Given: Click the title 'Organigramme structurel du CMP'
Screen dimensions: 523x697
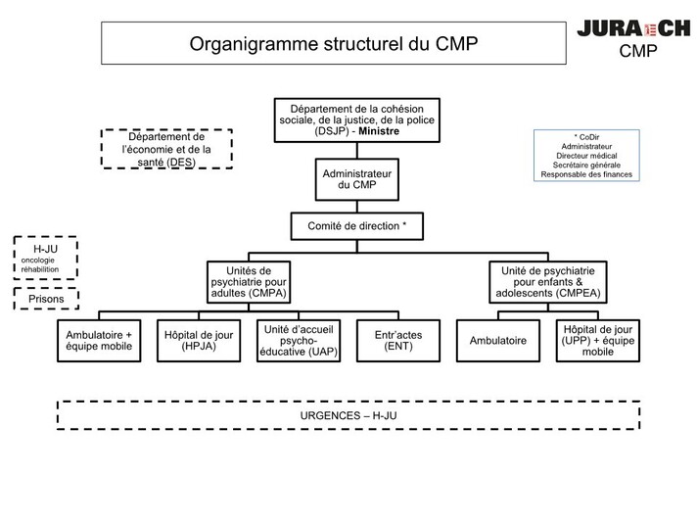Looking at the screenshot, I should pos(334,44).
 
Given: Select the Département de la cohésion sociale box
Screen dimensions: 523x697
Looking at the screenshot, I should pos(356,119).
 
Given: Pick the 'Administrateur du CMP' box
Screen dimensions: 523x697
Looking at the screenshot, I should pos(356,177).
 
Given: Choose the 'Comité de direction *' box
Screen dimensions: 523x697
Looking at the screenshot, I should pos(356,226).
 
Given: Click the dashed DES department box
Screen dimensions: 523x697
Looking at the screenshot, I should pos(165,149).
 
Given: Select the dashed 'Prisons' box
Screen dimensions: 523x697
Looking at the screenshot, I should pos(46,299).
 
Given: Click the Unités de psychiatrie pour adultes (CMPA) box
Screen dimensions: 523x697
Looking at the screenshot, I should pos(248,282).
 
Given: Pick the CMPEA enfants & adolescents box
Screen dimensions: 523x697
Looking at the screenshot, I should pos(549,282).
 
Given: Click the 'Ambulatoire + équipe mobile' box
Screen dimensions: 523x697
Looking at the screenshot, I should pos(98,341).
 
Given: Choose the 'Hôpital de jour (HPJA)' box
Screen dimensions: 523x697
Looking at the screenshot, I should pos(199,341).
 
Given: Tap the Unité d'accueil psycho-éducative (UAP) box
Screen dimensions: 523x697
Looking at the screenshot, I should pos(299,341).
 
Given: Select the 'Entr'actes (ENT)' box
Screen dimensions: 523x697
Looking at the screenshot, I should pos(398,341).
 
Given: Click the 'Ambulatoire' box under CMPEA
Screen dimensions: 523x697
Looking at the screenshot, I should pos(498,341).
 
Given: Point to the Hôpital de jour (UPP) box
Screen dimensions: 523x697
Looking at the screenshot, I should pos(598,341).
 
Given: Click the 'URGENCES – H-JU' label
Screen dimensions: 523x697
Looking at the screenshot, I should pos(348,415).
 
